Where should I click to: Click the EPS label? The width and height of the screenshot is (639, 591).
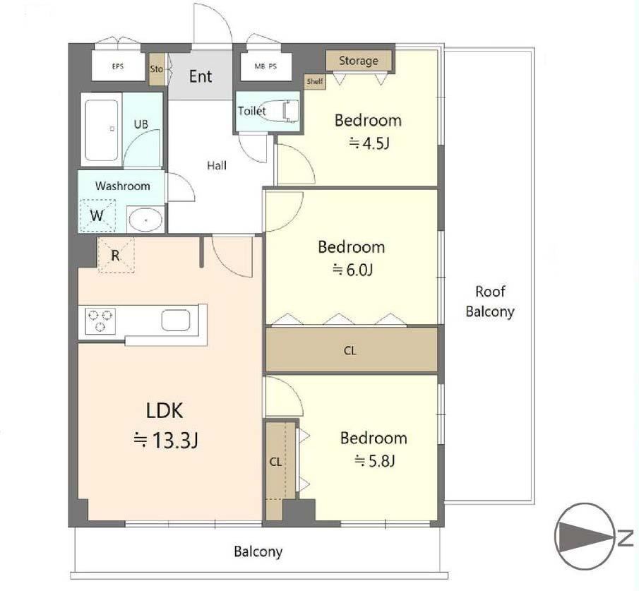tap(118, 66)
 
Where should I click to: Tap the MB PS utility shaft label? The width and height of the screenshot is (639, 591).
tap(265, 66)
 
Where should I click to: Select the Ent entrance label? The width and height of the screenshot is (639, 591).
tap(201, 76)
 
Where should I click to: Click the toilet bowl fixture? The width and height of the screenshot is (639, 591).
tap(279, 110)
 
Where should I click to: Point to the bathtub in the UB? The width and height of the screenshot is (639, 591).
tap(102, 130)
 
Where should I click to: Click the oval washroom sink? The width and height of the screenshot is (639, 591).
tap(145, 220)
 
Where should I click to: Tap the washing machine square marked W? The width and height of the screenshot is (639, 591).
tap(97, 215)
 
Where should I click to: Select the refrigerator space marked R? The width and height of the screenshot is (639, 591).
tap(116, 255)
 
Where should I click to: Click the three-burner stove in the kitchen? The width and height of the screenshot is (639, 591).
tap(100, 321)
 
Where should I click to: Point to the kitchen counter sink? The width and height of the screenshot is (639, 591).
tap(176, 321)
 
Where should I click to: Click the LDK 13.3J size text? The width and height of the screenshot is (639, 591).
tap(166, 440)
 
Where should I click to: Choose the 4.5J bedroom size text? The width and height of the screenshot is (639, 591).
tap(369, 143)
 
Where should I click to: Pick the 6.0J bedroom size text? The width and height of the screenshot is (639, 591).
tap(352, 270)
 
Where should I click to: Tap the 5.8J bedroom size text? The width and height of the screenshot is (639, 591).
tap(374, 461)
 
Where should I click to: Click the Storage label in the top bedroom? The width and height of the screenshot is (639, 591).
tap(359, 61)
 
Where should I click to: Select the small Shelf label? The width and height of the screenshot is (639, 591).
tap(315, 81)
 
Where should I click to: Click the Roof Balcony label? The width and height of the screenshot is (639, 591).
tap(490, 302)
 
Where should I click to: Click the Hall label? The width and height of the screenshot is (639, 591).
tap(217, 165)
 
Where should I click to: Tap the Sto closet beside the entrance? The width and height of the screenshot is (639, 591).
tap(157, 69)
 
